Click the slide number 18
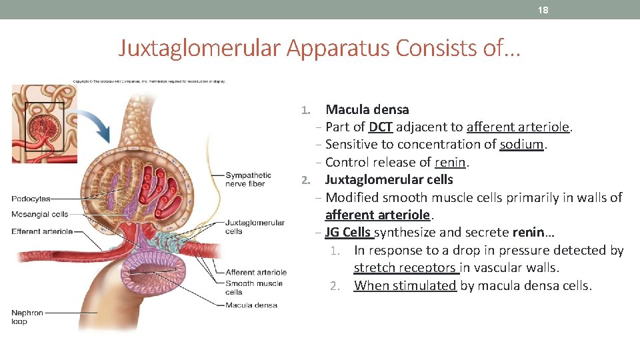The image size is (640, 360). pyautogui.click(x=543, y=10)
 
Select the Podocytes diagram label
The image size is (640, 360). pyautogui.click(x=31, y=199)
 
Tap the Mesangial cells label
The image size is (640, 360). pyautogui.click(x=40, y=215)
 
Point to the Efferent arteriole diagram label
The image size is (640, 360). pyautogui.click(x=42, y=231)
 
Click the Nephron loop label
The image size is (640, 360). pyautogui.click(x=27, y=317)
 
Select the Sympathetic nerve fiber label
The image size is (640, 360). pyautogui.click(x=248, y=179)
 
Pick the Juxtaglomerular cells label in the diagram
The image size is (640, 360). pyautogui.click(x=255, y=227)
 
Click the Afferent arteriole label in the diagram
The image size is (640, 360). pyautogui.click(x=256, y=272)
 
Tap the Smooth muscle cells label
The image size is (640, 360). pyautogui.click(x=253, y=287)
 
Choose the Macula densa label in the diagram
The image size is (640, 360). pyautogui.click(x=251, y=305)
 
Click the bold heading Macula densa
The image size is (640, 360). pyautogui.click(x=367, y=109)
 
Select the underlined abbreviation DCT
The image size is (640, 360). pyautogui.click(x=380, y=127)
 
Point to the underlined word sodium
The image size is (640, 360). pyautogui.click(x=522, y=144)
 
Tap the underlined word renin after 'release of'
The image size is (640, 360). pyautogui.click(x=451, y=162)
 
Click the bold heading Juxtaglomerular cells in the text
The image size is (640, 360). pyautogui.click(x=389, y=179)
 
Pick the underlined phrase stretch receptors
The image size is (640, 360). pyautogui.click(x=405, y=268)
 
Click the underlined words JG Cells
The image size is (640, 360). pyautogui.click(x=348, y=233)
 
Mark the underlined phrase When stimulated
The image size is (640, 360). pyautogui.click(x=405, y=286)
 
